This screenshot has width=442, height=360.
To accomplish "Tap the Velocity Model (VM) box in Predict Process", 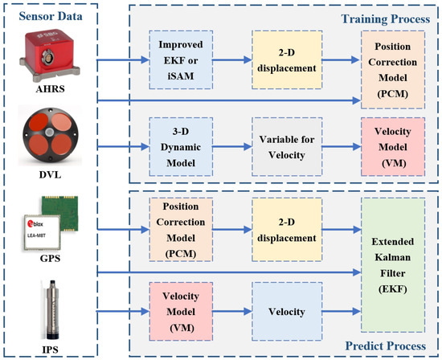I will pos(182,309).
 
